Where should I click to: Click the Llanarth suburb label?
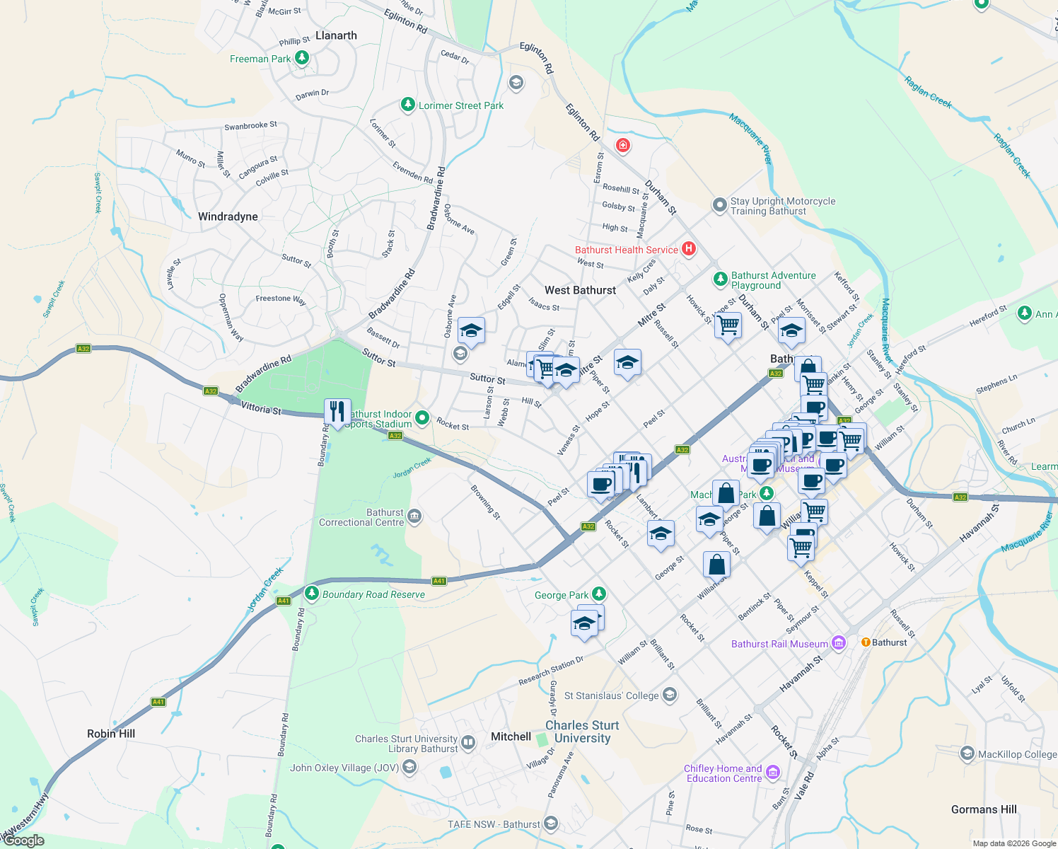(336, 35)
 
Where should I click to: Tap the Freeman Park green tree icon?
(302, 58)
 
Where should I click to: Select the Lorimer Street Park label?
(460, 105)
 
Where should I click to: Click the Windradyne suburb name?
(228, 216)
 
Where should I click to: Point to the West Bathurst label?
(580, 290)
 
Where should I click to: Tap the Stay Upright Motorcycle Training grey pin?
(719, 205)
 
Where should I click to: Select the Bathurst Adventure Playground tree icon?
(720, 279)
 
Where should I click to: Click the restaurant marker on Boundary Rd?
(337, 411)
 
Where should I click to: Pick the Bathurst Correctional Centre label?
(361, 517)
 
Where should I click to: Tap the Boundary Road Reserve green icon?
(311, 593)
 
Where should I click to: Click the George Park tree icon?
(599, 594)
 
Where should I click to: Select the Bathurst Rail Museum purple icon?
(839, 643)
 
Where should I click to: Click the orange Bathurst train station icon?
(865, 642)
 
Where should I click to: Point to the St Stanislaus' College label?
(611, 695)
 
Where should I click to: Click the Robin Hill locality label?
(111, 734)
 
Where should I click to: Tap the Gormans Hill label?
(984, 809)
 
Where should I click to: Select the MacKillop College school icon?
(967, 753)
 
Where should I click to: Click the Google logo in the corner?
(24, 841)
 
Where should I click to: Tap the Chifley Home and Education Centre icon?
(773, 772)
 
